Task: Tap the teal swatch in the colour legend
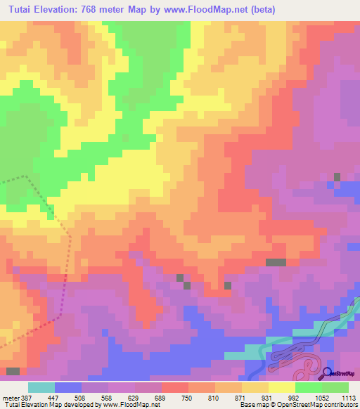click(x=41, y=387)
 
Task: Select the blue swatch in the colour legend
click(x=67, y=387)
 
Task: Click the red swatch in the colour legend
click(x=174, y=387)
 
